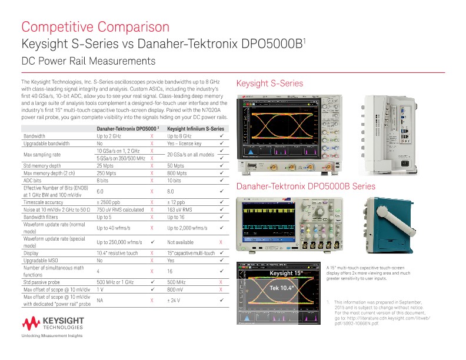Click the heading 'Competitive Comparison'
(95, 27)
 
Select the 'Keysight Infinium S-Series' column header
(195, 128)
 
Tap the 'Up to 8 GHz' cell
(181, 136)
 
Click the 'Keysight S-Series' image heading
(269, 84)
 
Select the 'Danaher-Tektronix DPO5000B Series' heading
(305, 186)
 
